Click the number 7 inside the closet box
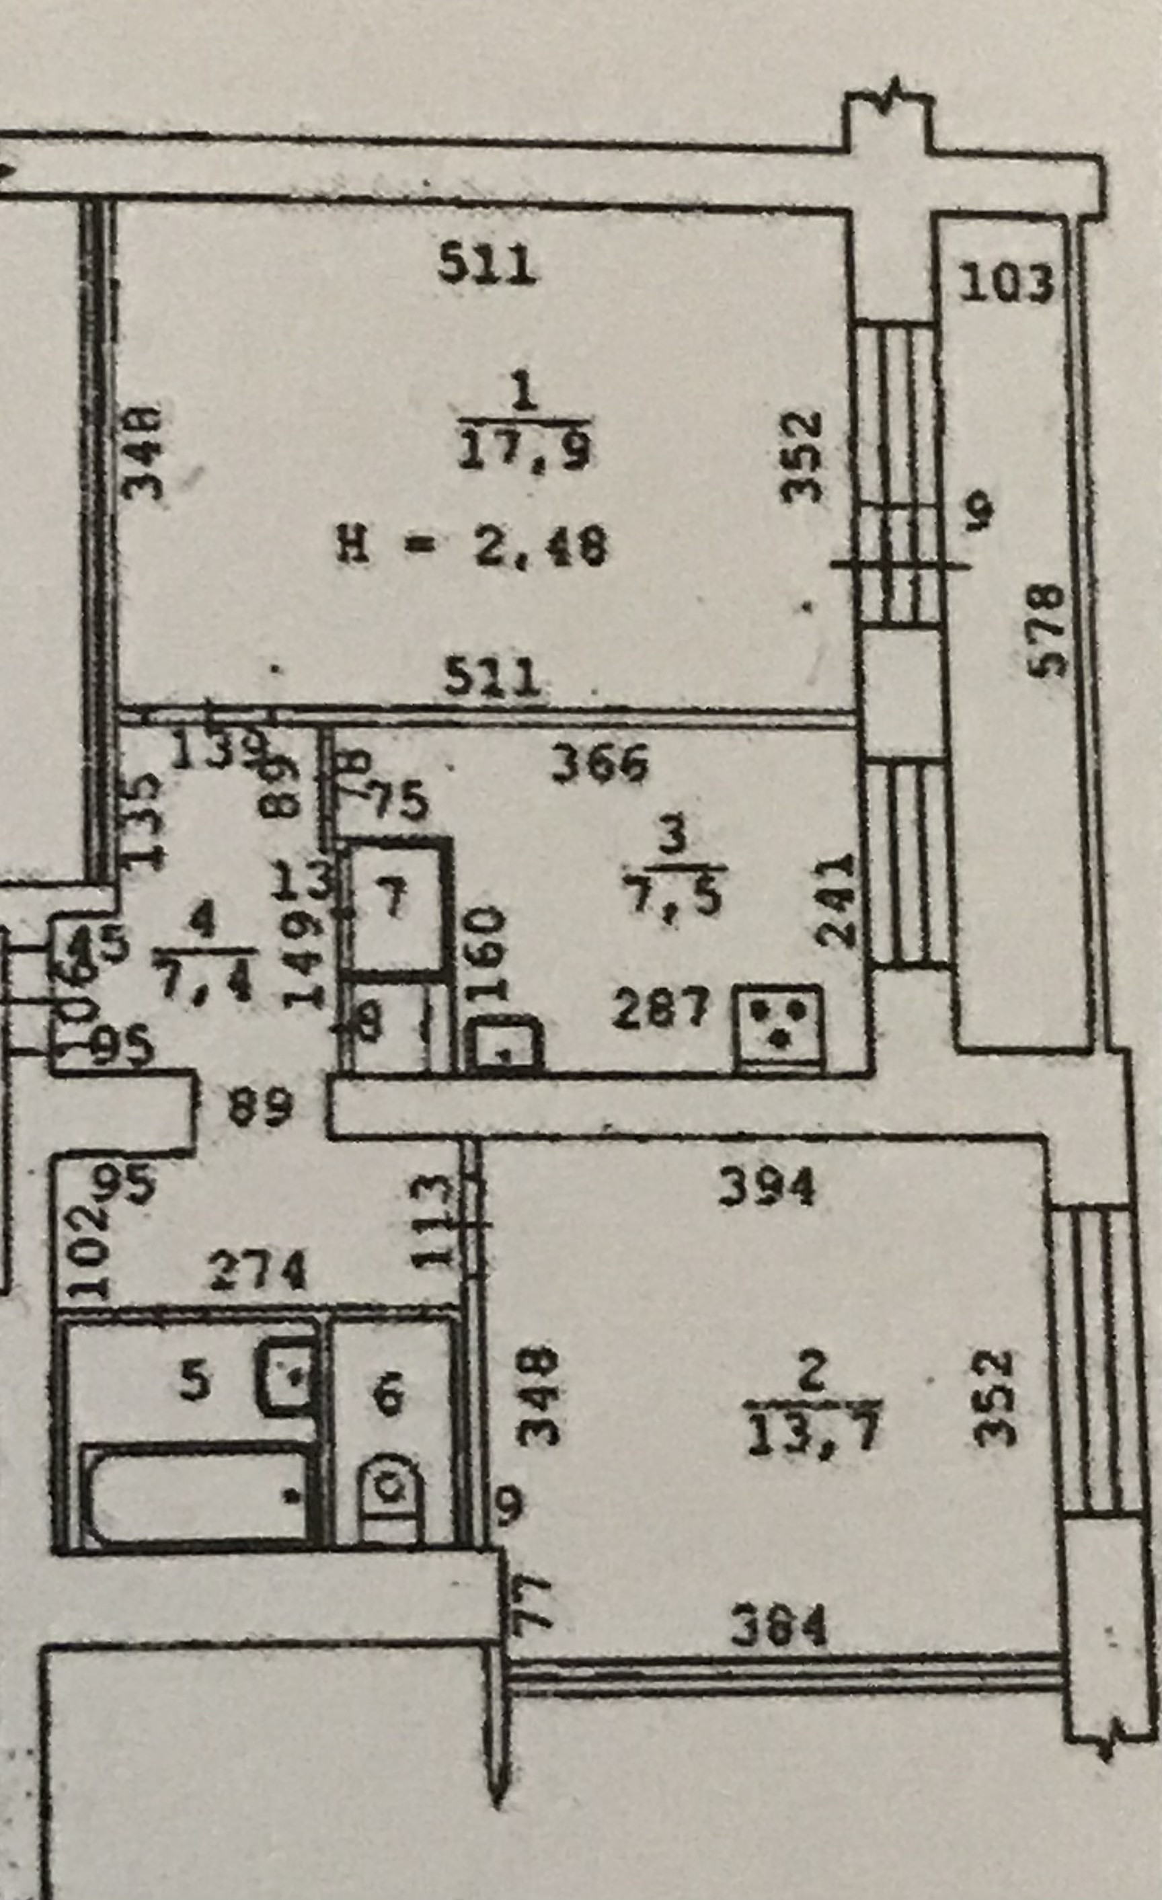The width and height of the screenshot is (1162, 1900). coord(395,902)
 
